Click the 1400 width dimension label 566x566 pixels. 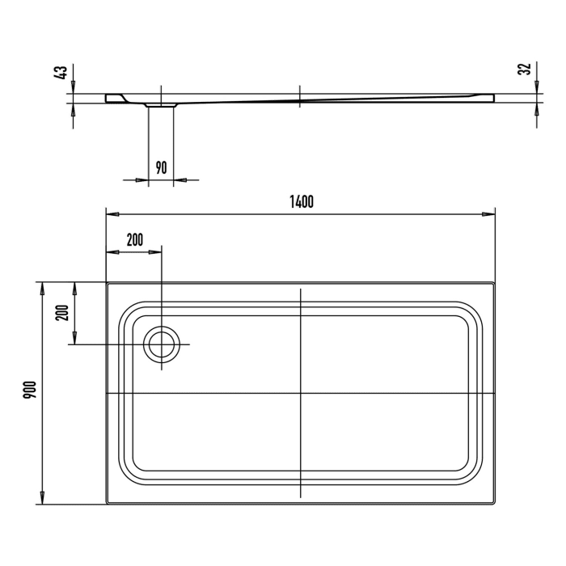(300, 202)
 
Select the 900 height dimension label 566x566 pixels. (29, 393)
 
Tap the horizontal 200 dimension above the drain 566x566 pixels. (134, 239)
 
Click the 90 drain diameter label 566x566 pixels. (161, 167)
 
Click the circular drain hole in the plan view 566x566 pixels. (162, 344)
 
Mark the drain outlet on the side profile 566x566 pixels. (161, 104)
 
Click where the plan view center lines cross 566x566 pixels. (300, 394)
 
